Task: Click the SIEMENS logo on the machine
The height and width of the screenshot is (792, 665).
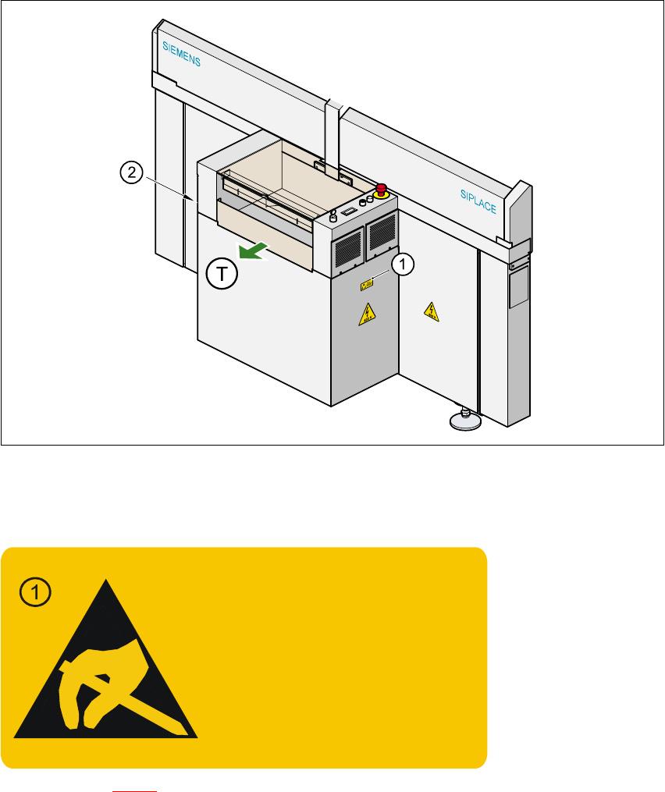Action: [x=181, y=54]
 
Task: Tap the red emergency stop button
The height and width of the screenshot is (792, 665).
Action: [x=382, y=189]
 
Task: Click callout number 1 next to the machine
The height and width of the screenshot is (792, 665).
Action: [x=402, y=265]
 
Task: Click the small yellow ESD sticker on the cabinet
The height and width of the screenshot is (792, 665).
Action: [x=366, y=286]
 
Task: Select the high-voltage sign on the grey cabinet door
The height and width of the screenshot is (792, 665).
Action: [x=365, y=314]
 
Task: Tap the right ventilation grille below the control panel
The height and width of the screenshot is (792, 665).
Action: [x=382, y=232]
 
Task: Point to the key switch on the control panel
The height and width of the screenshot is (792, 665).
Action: [x=333, y=216]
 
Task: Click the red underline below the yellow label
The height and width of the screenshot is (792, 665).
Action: [x=134, y=790]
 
